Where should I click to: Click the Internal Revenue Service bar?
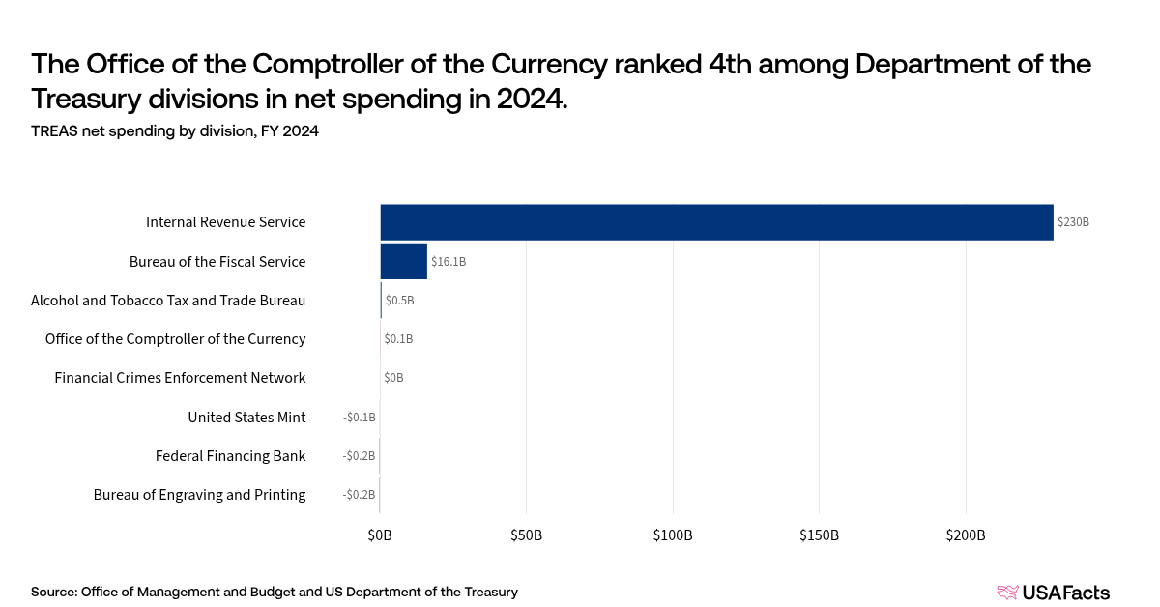pyautogui.click(x=716, y=222)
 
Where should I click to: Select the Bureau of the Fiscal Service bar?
pyautogui.click(x=403, y=261)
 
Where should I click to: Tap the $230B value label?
pyautogui.click(x=1073, y=222)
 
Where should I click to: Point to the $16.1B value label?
pyautogui.click(x=449, y=262)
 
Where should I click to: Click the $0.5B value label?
pyautogui.click(x=399, y=301)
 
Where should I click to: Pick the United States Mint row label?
pyautogui.click(x=246, y=418)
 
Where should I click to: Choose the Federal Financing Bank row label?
pyautogui.click(x=230, y=456)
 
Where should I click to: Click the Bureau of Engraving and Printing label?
pyautogui.click(x=199, y=495)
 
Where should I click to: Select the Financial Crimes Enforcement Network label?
pyautogui.click(x=180, y=378)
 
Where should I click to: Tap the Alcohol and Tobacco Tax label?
pyautogui.click(x=168, y=301)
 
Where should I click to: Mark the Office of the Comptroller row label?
pyautogui.click(x=175, y=339)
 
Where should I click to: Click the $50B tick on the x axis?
pyautogui.click(x=526, y=535)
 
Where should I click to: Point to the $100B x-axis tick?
pyautogui.click(x=673, y=535)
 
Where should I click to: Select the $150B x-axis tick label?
pyautogui.click(x=819, y=535)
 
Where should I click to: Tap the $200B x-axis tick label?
pyautogui.click(x=966, y=535)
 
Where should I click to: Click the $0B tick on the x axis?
pyautogui.click(x=380, y=535)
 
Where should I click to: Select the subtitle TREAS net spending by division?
pyautogui.click(x=174, y=131)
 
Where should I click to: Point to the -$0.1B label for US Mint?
pyautogui.click(x=359, y=418)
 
